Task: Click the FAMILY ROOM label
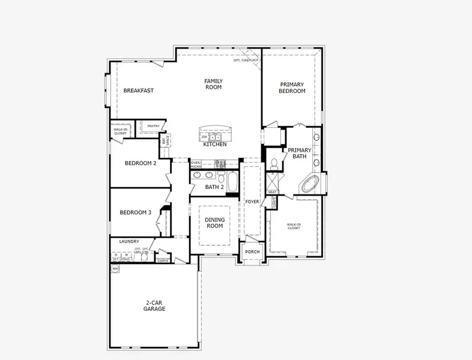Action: [213, 84]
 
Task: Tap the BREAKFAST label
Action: [139, 91]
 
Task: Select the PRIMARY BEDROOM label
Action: [292, 88]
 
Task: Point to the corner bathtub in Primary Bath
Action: [311, 184]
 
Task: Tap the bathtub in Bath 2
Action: [233, 181]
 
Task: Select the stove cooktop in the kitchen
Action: [220, 163]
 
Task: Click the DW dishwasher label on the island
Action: [204, 137]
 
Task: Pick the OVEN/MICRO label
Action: [196, 164]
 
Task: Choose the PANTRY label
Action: [153, 126]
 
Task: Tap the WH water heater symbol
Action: [115, 269]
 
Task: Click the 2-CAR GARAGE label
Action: [154, 306]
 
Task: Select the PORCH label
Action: [252, 251]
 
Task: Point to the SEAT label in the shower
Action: [271, 192]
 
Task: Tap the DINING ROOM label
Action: [214, 223]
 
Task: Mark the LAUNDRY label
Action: [129, 241]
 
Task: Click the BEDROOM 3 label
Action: [135, 212]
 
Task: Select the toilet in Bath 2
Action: [221, 178]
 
